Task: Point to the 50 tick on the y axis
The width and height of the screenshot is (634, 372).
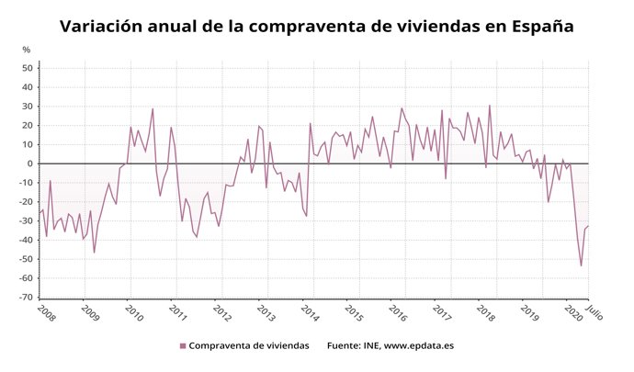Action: (28, 68)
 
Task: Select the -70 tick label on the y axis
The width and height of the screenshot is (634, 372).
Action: (27, 298)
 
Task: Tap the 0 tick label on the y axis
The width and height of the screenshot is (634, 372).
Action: (31, 163)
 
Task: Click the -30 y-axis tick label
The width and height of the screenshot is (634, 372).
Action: (27, 221)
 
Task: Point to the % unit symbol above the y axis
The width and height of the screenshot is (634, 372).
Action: (27, 50)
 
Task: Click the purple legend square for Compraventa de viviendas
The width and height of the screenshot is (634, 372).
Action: (183, 345)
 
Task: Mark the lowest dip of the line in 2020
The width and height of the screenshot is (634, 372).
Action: (582, 265)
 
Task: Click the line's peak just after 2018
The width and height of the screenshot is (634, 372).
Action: (489, 105)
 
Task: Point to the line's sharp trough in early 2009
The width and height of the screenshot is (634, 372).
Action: (94, 253)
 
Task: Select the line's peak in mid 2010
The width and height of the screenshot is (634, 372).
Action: (153, 109)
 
